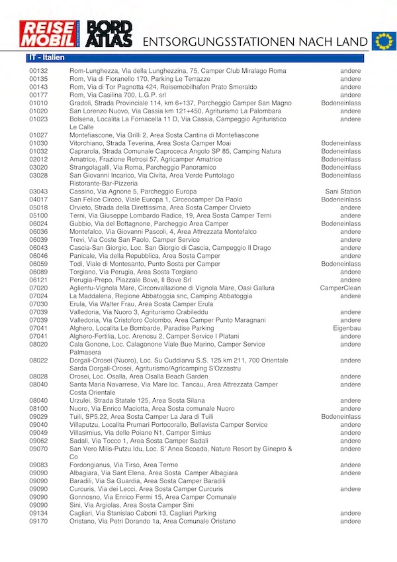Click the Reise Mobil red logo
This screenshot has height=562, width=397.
pyautogui.click(x=48, y=34)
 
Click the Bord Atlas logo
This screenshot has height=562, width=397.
pyautogui.click(x=110, y=34)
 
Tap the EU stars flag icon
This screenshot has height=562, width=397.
pyautogui.click(x=383, y=41)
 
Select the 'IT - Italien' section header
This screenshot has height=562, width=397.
pyautogui.click(x=46, y=58)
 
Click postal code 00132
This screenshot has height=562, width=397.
pyautogui.click(x=38, y=71)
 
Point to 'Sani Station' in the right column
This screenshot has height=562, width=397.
pyautogui.click(x=343, y=192)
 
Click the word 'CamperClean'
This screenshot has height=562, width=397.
pyautogui.click(x=340, y=288)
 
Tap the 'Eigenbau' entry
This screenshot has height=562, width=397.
pyautogui.click(x=347, y=328)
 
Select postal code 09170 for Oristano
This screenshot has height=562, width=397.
pyautogui.click(x=38, y=521)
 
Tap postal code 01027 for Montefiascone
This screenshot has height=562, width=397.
pyautogui.click(x=38, y=135)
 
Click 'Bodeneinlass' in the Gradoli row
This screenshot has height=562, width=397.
pyautogui.click(x=341, y=103)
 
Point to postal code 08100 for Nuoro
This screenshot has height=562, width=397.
pyautogui.click(x=38, y=409)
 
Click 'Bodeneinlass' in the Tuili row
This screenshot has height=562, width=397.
pyautogui.click(x=341, y=417)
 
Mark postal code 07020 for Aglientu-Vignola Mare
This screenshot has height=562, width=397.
pyautogui.click(x=38, y=288)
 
